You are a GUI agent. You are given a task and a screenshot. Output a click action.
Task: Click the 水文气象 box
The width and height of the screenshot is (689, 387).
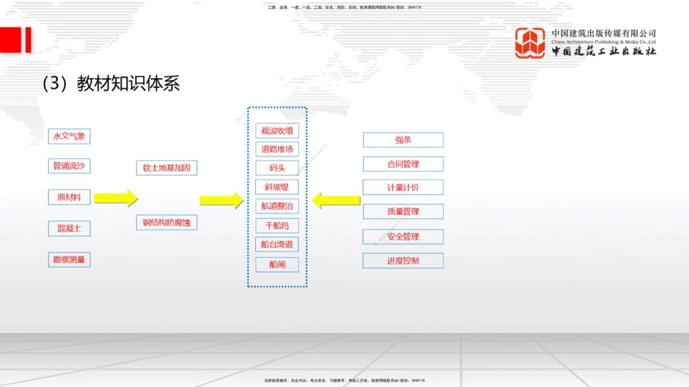click(69, 136)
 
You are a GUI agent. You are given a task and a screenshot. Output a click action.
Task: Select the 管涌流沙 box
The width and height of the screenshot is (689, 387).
click(69, 166)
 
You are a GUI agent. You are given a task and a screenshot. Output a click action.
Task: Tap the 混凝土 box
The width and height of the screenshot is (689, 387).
click(69, 228)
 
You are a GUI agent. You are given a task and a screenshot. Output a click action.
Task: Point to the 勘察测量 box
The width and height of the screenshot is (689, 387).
click(69, 260)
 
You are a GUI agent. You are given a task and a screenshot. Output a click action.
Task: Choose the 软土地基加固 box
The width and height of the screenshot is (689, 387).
click(167, 167)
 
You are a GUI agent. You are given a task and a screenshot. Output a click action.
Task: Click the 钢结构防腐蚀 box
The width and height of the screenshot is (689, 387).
click(167, 222)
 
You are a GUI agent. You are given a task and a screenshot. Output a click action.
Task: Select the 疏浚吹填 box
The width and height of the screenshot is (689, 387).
click(277, 130)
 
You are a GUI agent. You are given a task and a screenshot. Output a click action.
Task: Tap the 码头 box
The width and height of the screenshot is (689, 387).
click(277, 167)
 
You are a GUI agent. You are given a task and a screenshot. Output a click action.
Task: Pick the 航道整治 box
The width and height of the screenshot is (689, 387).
click(277, 206)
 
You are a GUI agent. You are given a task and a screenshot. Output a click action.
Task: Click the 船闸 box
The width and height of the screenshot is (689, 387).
click(277, 264)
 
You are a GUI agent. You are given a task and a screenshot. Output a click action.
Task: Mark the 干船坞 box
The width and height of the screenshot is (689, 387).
click(277, 225)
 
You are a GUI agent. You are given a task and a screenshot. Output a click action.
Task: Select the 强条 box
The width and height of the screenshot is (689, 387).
click(403, 140)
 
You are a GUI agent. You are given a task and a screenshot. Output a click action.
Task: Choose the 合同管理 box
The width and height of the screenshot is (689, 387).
click(403, 164)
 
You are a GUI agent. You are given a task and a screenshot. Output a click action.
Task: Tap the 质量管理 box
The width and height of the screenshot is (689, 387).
click(403, 211)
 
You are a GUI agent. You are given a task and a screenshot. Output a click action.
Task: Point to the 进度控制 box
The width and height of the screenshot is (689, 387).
click(403, 261)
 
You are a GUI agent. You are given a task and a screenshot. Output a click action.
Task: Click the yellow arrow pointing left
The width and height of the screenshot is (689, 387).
click(336, 200)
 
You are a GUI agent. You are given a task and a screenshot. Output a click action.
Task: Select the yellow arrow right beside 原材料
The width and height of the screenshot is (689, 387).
click(116, 198)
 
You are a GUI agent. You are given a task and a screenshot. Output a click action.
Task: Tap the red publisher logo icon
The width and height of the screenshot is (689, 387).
click(530, 43)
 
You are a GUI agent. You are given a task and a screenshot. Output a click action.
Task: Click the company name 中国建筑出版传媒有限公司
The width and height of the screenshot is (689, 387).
click(604, 33)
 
